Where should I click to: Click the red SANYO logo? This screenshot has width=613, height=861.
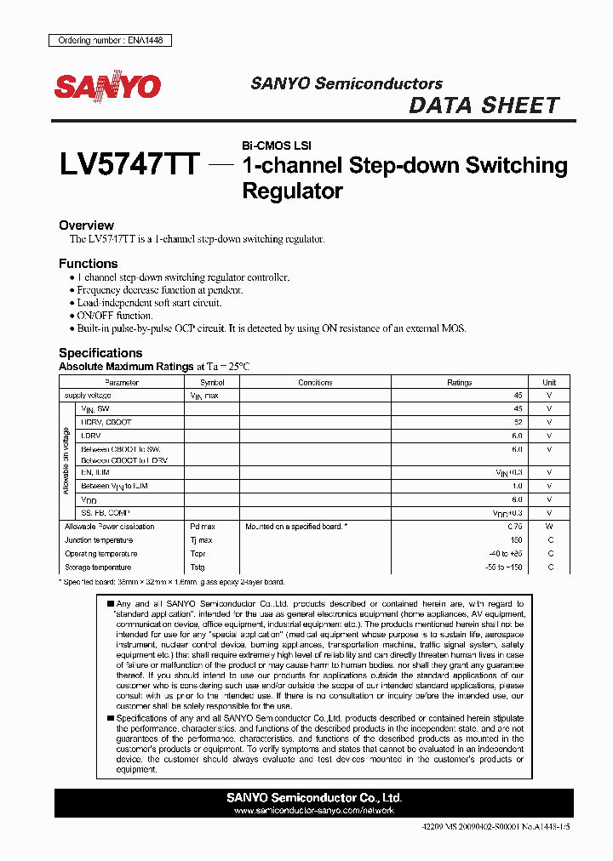tap(107, 87)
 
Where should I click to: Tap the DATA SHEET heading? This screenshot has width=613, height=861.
tap(484, 105)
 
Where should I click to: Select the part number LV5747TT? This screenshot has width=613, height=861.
tap(129, 164)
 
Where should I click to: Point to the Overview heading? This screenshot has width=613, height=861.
tap(86, 225)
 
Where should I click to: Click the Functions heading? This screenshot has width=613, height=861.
tap(88, 264)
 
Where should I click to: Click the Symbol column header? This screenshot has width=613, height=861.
tap(211, 383)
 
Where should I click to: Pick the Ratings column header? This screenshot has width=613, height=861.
tap(459, 383)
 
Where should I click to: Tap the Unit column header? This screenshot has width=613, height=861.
tap(549, 383)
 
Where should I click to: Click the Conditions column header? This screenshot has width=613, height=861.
tap(315, 383)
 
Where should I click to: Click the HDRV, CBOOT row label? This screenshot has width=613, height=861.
tap(106, 422)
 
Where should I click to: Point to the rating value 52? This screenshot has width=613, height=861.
tap(517, 422)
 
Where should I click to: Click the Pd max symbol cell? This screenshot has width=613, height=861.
tap(203, 527)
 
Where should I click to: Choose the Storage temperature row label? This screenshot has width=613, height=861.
tap(98, 567)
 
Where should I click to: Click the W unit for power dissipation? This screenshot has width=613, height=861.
tap(549, 527)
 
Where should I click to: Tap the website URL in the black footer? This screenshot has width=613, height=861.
tap(314, 811)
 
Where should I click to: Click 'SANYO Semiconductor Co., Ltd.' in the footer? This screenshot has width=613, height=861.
tap(314, 798)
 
